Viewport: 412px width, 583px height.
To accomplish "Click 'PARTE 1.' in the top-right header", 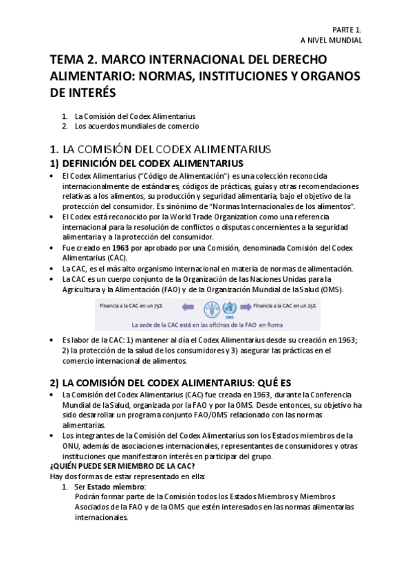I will coord(346,31).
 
